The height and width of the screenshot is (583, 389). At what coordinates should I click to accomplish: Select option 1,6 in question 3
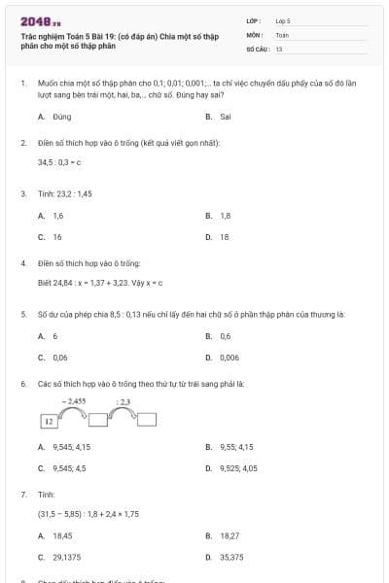[x=57, y=215]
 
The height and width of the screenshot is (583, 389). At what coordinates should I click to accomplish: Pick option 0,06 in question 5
[x=59, y=357]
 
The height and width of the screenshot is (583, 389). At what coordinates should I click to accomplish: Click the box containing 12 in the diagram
[x=48, y=421]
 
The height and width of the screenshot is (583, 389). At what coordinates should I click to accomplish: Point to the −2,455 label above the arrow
[x=74, y=400]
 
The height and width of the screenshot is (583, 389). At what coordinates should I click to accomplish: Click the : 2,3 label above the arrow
[x=124, y=400]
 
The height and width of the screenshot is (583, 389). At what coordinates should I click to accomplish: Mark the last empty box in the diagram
[x=147, y=420]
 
